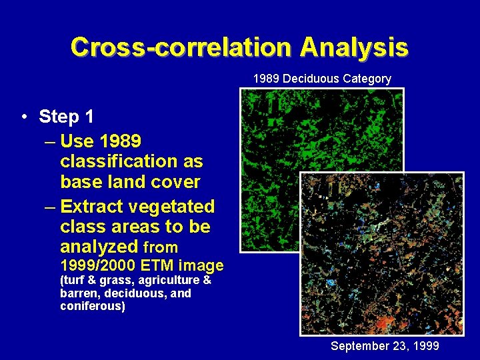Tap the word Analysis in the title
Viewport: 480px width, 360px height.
coord(353,47)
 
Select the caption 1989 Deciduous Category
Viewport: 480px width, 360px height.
coord(322,79)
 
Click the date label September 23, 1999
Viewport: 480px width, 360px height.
coord(385,346)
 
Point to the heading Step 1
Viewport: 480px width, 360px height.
coord(66,117)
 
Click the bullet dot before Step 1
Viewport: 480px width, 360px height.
coord(23,117)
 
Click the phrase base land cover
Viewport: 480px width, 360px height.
coord(130,181)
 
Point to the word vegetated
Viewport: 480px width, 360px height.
coord(175,207)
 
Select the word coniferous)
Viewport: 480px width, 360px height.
coord(92,307)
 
